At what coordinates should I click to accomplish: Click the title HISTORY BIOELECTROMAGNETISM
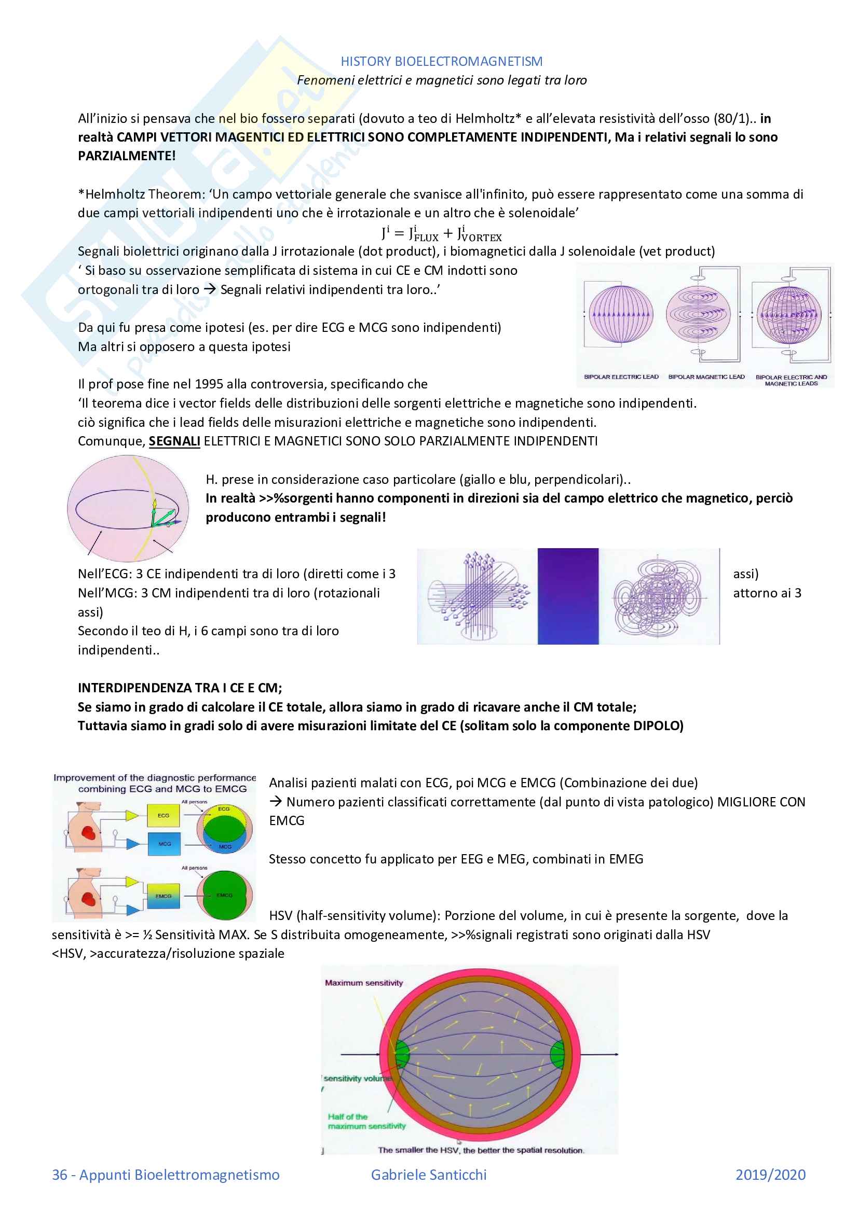[441, 61]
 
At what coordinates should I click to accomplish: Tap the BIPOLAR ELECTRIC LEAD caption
[621, 377]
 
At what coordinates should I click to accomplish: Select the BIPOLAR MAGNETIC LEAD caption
[706, 377]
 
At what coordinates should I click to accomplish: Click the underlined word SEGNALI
[174, 441]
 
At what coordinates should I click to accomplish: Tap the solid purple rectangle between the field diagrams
[568, 596]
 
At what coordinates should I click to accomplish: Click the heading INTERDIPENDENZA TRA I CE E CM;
[180, 688]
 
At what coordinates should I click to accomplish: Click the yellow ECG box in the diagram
[164, 815]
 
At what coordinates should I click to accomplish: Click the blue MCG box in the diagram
[165, 844]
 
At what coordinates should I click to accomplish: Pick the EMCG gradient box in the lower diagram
[164, 896]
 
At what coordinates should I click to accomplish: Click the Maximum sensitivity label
[364, 983]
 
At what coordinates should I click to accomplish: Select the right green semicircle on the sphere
[557, 1054]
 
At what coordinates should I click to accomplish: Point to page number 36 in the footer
[60, 1175]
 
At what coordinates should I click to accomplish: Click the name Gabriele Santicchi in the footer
[429, 1175]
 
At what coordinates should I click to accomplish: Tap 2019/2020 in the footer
[770, 1175]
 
